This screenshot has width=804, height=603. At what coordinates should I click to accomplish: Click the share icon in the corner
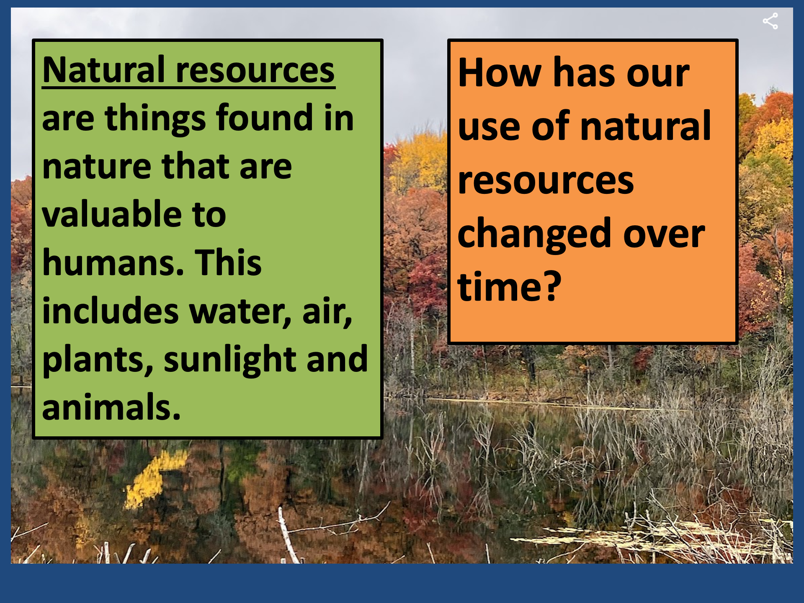(x=770, y=21)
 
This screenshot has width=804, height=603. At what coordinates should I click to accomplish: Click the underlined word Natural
(x=104, y=70)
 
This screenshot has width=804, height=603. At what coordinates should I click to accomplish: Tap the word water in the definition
(x=240, y=312)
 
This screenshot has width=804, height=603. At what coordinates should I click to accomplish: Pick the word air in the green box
(x=327, y=312)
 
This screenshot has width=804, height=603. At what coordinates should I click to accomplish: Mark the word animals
(x=111, y=407)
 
